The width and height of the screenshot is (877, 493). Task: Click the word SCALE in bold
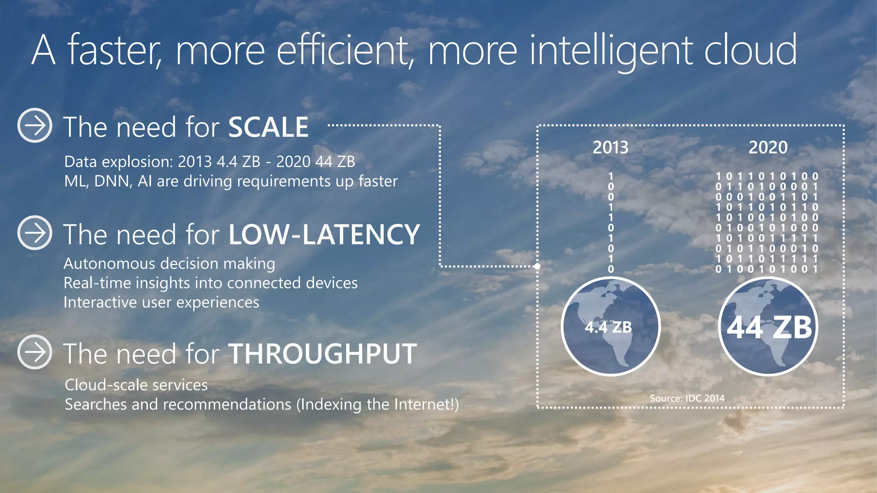(268, 128)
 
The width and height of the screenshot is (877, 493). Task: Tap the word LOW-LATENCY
(324, 235)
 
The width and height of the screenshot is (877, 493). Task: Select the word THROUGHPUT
(323, 354)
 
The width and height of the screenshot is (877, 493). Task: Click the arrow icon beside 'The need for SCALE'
(35, 125)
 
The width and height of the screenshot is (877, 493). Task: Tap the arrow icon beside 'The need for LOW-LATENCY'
(35, 232)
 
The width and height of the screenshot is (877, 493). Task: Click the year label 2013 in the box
(610, 148)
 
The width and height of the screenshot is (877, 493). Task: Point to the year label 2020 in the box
(768, 148)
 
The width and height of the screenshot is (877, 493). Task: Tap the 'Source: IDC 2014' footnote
(687, 398)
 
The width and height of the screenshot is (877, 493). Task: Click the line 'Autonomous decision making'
(169, 264)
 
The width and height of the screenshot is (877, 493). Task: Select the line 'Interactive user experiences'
(161, 303)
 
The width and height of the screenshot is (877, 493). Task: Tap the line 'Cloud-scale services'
(136, 385)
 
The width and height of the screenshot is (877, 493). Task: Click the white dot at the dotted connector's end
(537, 266)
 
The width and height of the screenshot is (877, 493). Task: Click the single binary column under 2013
(611, 223)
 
